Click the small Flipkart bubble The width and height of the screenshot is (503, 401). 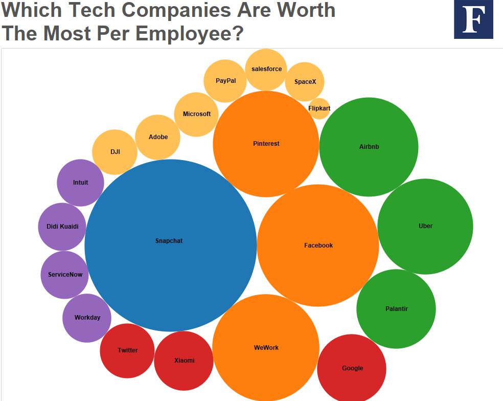point(319,108)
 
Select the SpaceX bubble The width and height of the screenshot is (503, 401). point(305,81)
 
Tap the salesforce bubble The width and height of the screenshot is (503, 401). point(266,69)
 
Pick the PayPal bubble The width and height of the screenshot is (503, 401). point(225,81)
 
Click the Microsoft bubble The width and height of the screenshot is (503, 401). point(196,114)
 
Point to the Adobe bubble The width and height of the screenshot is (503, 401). point(158,137)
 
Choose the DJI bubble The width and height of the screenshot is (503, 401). point(115,152)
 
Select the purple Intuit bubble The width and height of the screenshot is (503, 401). point(80,183)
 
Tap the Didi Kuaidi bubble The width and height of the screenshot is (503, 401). point(62,227)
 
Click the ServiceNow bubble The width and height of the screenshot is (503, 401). point(65,275)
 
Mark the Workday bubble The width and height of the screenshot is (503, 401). point(87,318)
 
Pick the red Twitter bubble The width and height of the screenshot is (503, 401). point(127,350)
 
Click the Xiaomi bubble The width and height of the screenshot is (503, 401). point(184,361)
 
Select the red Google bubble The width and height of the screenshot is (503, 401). point(352,368)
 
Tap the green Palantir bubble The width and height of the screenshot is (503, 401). point(396,309)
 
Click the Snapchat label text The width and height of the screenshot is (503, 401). point(169,241)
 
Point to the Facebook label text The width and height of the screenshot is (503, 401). point(318,246)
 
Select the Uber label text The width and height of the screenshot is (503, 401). point(425,226)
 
